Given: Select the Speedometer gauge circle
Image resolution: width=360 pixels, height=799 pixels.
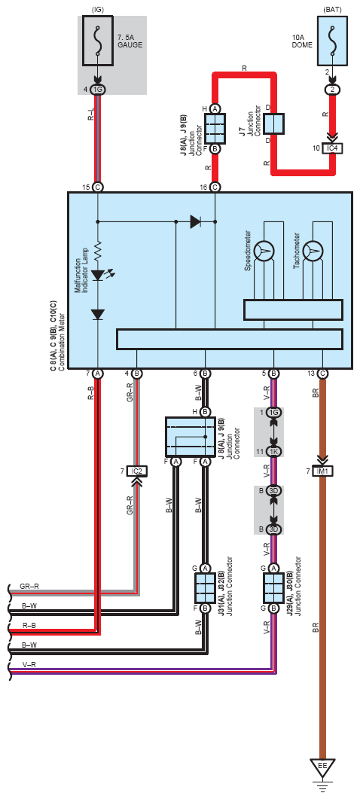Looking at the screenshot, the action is tap(265, 249).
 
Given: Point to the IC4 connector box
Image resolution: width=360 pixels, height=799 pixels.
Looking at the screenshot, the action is tap(332, 148).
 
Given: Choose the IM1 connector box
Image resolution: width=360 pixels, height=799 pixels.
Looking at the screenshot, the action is tap(322, 471).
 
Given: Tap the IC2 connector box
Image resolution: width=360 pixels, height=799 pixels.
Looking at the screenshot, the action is tap(136, 471).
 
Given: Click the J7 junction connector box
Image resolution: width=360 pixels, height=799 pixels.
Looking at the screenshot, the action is tap(274, 124).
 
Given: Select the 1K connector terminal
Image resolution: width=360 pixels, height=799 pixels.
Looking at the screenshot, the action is tap(274, 452).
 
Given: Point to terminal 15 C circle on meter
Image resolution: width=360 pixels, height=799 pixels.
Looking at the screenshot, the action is tap(98, 188).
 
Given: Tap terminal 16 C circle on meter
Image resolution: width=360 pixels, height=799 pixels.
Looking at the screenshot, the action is tap(215, 188).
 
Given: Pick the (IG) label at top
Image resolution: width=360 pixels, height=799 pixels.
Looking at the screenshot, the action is tap(97, 9).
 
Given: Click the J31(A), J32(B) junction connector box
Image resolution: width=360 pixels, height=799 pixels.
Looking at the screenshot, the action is tap(204, 588).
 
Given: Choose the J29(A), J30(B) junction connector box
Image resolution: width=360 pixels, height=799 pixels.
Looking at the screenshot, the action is tap(273, 588).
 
